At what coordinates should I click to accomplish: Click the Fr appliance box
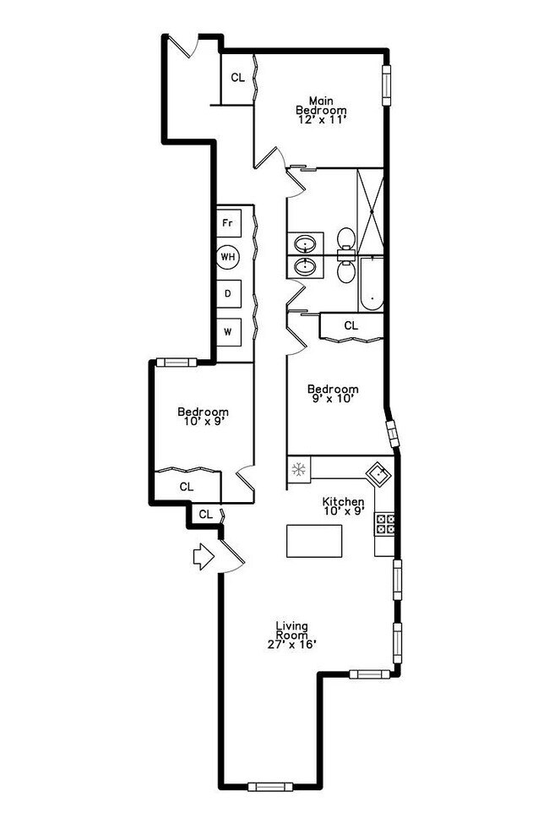pos(226,224)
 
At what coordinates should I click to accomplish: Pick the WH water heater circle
pos(227,257)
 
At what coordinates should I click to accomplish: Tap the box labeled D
pos(227,293)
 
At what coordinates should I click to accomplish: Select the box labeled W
pos(227,330)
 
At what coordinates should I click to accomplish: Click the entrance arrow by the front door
pos(203,557)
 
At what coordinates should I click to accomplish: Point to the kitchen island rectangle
pos(314,541)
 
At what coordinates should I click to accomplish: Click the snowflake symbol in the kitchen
pos(298,470)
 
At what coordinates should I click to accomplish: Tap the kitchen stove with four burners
pos(385,524)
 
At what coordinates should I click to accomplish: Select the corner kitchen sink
pos(378,473)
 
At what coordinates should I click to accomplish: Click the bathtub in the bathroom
pos(371,284)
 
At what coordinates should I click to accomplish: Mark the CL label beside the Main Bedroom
pos(237,78)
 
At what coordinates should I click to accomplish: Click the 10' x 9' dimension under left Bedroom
pos(203,423)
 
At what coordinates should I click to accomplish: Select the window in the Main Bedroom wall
pos(387,86)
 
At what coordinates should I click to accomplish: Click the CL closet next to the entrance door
pos(205,514)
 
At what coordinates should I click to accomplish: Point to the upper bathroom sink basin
pos(304,245)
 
